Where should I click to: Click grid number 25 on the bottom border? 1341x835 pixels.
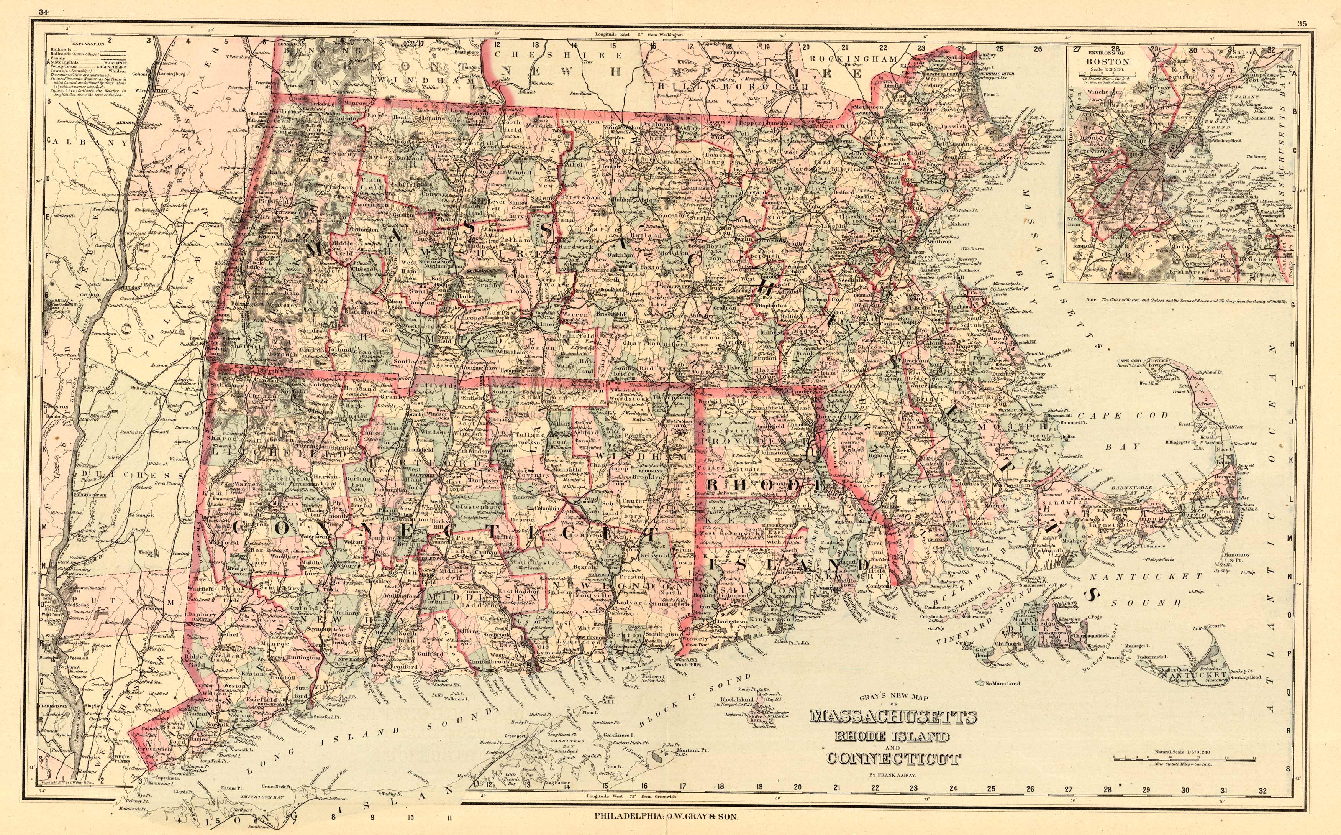991,789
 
